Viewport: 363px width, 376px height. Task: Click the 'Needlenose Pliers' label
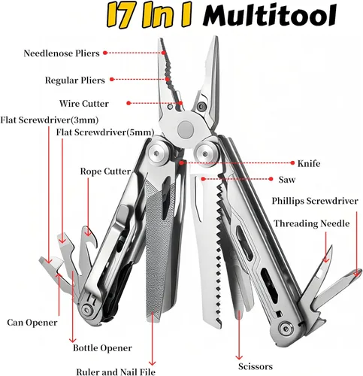click(62, 53)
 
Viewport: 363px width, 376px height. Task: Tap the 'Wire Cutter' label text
click(84, 104)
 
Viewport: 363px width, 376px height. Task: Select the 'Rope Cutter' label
click(105, 171)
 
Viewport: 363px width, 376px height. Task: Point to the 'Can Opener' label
click(32, 323)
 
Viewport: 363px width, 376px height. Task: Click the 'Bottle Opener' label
click(102, 348)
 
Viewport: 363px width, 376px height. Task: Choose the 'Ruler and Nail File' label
click(116, 371)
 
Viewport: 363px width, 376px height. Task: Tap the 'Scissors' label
click(256, 366)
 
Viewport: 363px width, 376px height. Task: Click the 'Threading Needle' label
click(311, 223)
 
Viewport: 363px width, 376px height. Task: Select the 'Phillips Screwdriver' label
click(315, 201)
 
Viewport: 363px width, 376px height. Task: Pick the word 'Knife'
click(309, 163)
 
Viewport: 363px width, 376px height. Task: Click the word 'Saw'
click(287, 180)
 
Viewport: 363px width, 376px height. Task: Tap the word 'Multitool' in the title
click(270, 16)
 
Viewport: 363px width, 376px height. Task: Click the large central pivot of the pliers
click(186, 129)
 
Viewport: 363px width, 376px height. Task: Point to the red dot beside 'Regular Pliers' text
click(112, 79)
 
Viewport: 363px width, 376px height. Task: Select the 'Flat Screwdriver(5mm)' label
click(105, 132)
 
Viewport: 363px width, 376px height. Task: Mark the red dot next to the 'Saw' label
click(271, 179)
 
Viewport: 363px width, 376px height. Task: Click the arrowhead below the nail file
click(153, 363)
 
